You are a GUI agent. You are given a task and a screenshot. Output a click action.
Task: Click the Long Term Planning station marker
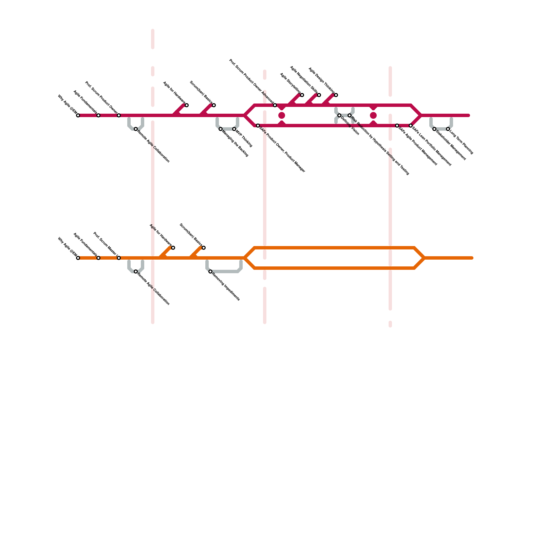click(448, 129)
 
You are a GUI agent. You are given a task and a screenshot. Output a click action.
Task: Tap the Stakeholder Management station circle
click(434, 129)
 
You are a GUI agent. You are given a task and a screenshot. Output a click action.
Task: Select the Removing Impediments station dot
click(210, 271)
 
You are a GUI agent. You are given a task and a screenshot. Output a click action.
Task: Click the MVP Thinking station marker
click(234, 129)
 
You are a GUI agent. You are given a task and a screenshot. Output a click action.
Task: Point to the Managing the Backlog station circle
click(221, 129)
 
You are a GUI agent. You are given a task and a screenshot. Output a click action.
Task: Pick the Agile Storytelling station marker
click(302, 95)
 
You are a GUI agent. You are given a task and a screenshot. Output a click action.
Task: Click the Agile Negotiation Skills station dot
click(319, 95)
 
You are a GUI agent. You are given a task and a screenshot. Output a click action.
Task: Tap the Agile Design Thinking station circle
click(336, 95)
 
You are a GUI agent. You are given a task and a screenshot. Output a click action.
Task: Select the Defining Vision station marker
click(339, 115)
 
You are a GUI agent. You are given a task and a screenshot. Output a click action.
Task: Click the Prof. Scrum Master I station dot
click(119, 258)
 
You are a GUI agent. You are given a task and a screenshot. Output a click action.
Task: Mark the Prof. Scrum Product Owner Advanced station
click(275, 105)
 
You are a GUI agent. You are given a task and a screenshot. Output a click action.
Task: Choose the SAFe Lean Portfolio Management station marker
click(411, 126)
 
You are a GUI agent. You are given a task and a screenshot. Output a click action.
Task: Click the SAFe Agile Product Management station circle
click(397, 126)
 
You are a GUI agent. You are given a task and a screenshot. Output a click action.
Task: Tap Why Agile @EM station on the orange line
click(78, 258)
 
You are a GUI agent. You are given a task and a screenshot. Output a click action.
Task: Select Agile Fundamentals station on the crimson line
click(98, 115)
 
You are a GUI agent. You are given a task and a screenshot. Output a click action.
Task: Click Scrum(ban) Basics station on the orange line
click(204, 248)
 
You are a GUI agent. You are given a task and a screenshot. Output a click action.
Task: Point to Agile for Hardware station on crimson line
click(187, 105)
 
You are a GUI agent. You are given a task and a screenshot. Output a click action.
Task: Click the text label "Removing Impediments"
click(226, 287)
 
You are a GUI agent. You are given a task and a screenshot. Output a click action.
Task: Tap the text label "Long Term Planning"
click(461, 142)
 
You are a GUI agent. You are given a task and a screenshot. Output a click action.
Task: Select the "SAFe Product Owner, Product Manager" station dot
click(258, 126)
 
